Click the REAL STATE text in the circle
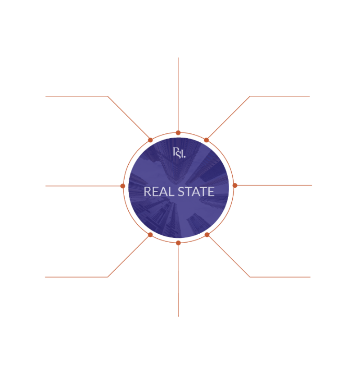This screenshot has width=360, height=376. coord(179,191)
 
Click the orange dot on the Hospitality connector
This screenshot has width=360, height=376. coord(234,186)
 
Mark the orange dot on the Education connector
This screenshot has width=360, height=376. coord(123,186)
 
